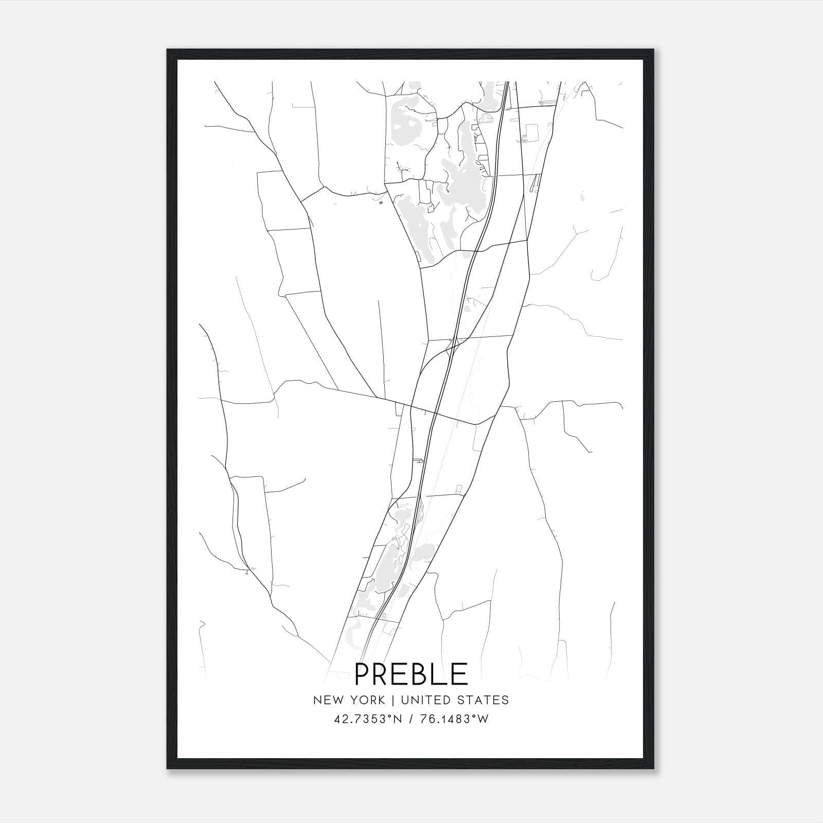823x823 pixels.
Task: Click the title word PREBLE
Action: (411, 674)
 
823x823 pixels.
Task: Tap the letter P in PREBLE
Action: (364, 674)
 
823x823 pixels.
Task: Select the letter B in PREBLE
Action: (417, 674)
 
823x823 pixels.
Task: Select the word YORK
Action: (367, 700)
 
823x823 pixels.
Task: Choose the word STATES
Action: (484, 700)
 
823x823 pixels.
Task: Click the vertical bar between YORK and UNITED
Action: (393, 700)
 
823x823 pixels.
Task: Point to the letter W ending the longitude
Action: (483, 719)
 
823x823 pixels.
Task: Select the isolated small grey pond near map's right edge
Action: (582, 196)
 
